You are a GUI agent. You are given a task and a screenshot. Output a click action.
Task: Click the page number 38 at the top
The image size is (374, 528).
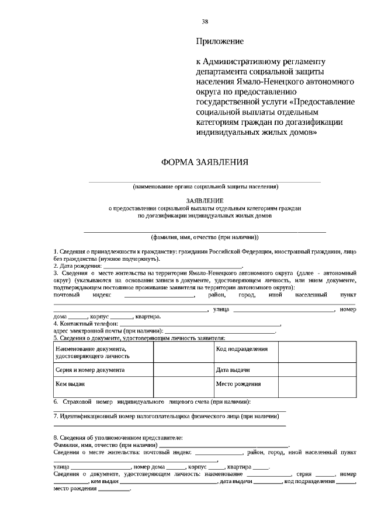click(205, 22)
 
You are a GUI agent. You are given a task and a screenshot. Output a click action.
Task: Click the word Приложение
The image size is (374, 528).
click(219, 41)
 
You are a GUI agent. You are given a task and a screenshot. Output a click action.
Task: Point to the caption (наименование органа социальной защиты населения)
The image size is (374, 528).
click(205, 187)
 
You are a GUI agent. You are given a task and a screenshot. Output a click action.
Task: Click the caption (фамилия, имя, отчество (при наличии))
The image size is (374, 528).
click(205, 237)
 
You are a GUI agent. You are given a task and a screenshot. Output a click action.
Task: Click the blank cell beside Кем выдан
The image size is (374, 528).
click(182, 384)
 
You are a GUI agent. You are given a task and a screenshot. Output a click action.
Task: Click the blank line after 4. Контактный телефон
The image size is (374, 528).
click(199, 323)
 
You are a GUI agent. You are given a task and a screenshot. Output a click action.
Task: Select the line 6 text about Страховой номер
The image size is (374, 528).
click(152, 402)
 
